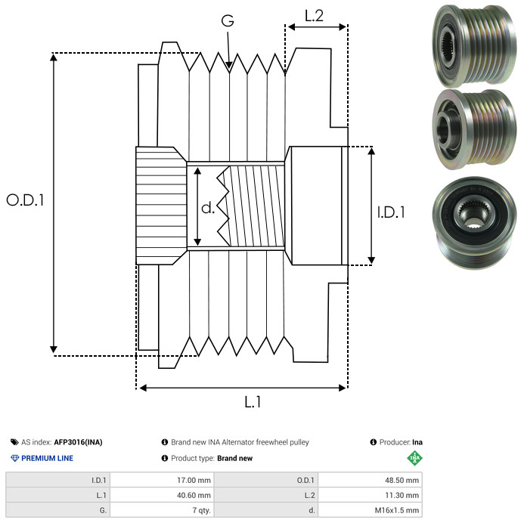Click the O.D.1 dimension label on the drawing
[26, 200]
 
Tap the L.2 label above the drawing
[314, 16]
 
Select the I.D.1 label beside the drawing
[391, 213]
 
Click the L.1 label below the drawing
[253, 402]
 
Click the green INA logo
[414, 458]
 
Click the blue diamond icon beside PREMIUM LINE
[14, 458]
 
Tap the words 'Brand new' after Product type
[234, 458]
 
